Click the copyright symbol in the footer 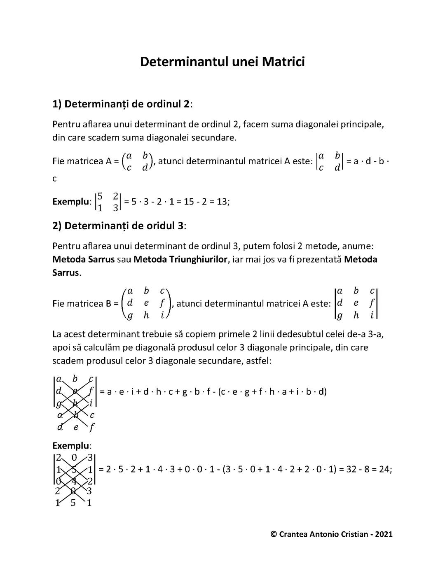pyautogui.click(x=274, y=534)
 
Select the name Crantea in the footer pyautogui.click(x=294, y=534)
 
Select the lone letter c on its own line pyautogui.click(x=55, y=179)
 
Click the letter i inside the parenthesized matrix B pyautogui.click(x=162, y=315)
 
